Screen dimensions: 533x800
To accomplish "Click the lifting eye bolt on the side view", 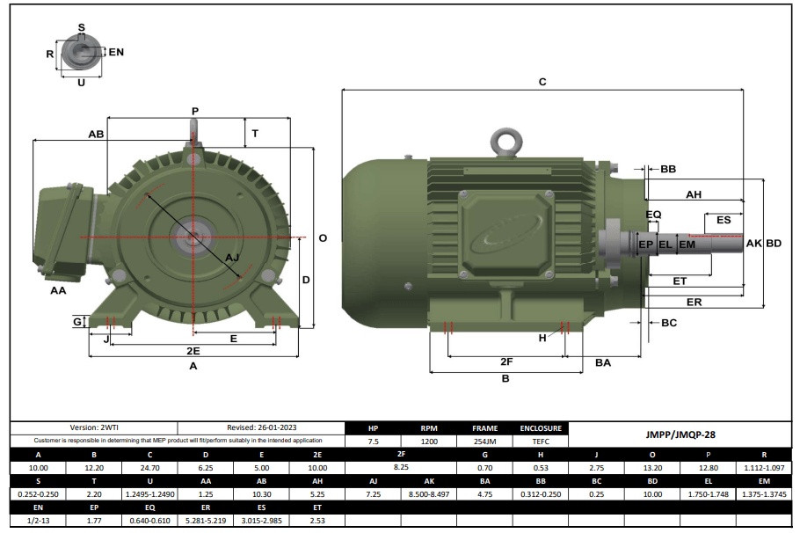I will (505, 143).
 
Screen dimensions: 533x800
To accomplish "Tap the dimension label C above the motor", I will (542, 82).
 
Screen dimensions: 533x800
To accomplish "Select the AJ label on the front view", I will (232, 257).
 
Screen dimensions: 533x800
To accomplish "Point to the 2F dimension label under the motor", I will (506, 361).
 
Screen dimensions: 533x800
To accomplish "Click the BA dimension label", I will (603, 361).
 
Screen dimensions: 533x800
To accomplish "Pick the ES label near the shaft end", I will (724, 220).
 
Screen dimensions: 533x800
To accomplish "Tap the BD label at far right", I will (774, 243).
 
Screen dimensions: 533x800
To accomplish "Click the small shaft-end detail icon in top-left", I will (81, 54).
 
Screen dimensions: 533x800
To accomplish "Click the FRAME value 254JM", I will (485, 442).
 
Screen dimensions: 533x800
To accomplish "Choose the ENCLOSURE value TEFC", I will (541, 442).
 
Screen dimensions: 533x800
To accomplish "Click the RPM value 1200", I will (429, 442).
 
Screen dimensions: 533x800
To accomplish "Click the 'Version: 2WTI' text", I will (94, 427).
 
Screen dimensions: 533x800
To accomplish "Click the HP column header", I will (374, 428).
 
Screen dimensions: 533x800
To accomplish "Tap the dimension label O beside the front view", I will (323, 238).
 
